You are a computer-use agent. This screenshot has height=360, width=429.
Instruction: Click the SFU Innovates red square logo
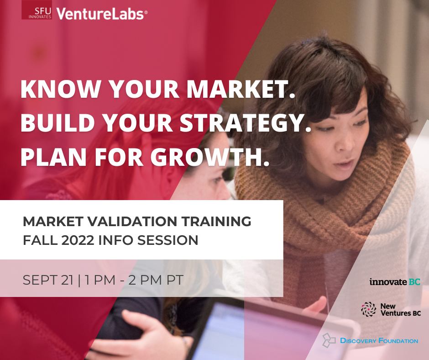coord(37,10)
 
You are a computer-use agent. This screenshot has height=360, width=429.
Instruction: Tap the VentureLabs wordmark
coord(102,14)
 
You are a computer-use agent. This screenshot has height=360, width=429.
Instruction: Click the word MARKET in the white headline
coord(238,89)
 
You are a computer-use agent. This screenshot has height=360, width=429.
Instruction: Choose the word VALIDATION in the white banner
coord(132,222)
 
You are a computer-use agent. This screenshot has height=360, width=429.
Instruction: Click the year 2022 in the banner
coord(78,240)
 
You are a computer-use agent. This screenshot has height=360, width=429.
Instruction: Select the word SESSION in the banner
coord(167,240)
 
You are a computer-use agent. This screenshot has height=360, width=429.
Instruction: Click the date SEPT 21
coord(48,280)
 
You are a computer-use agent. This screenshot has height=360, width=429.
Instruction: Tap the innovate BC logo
coord(395,281)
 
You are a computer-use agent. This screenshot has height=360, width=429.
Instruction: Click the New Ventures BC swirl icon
coord(368,309)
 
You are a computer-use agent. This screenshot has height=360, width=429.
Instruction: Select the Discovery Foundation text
coord(379,341)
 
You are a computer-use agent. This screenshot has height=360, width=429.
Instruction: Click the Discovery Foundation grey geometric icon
coord(329,340)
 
